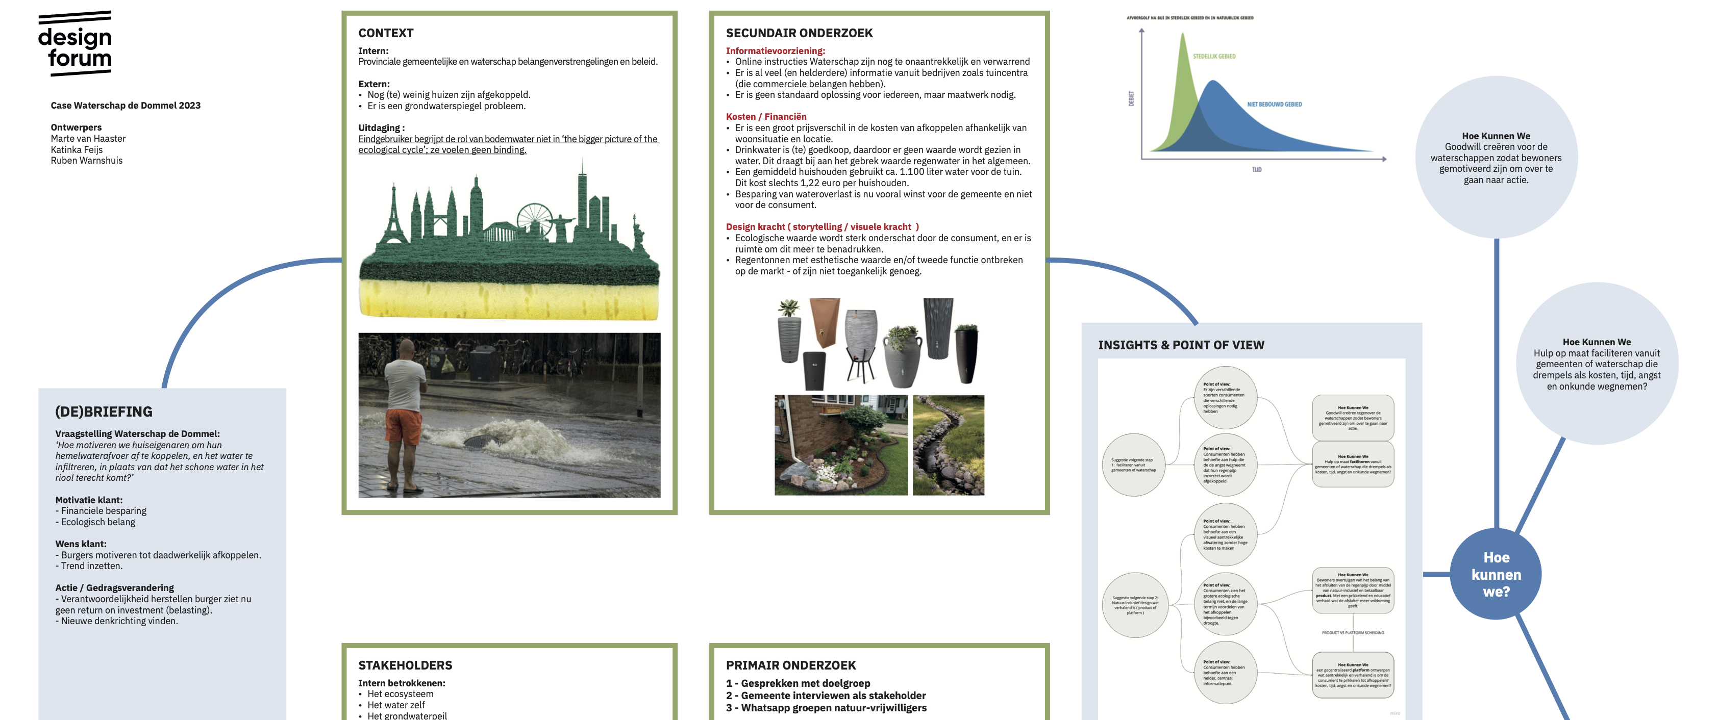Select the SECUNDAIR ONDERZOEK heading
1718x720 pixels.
click(799, 33)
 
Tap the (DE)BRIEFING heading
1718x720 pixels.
click(104, 412)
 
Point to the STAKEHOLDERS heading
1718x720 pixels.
click(405, 665)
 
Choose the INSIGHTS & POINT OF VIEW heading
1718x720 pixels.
click(1181, 345)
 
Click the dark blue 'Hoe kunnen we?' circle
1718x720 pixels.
click(1496, 574)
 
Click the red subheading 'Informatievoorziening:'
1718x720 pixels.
click(775, 50)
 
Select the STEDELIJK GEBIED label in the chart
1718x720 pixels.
click(1214, 57)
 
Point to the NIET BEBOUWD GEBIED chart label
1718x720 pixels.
click(1274, 105)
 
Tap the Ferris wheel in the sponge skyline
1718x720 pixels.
click(535, 220)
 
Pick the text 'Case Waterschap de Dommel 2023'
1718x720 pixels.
click(126, 106)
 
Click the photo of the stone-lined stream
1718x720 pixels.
click(948, 445)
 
